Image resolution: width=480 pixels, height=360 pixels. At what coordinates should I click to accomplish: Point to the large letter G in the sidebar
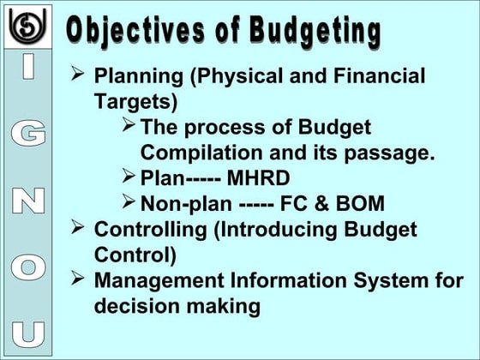tap(28, 134)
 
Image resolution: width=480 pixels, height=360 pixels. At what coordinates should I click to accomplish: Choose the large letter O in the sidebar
tap(28, 266)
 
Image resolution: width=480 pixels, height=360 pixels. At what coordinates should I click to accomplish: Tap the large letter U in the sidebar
tap(28, 331)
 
